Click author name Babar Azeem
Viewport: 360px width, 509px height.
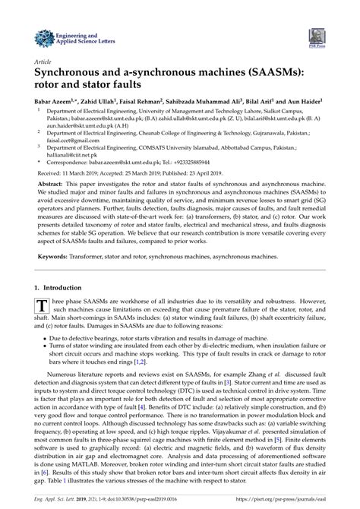click(x=55, y=100)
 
